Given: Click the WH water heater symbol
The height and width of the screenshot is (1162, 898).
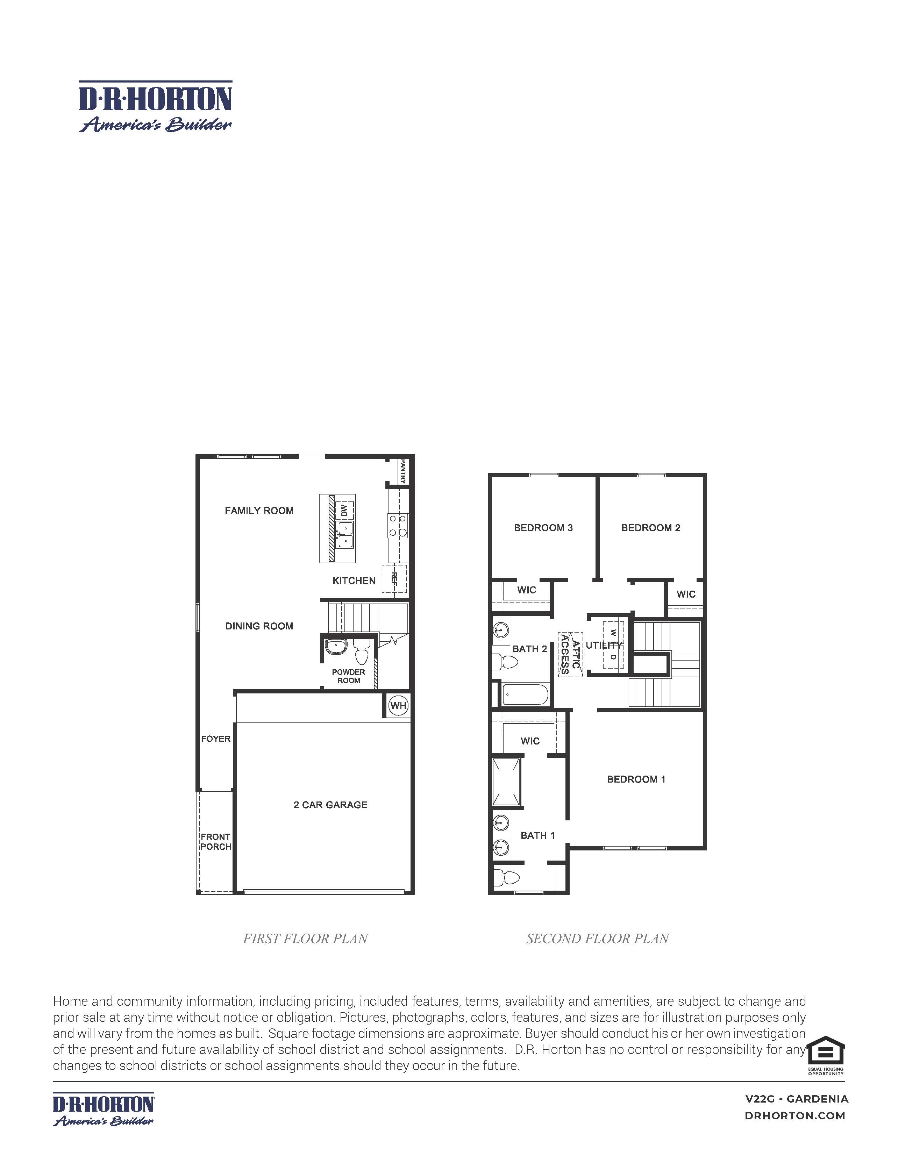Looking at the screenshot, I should tap(398, 706).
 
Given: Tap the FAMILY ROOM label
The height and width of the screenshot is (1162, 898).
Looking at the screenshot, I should tap(259, 511).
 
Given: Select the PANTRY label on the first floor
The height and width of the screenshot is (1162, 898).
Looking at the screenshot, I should tap(403, 471).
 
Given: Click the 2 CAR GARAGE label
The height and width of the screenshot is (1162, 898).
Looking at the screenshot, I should tap(330, 805).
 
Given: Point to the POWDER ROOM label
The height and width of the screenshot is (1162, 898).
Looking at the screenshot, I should tap(348, 676).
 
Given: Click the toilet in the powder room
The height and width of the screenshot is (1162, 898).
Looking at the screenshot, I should tap(362, 653).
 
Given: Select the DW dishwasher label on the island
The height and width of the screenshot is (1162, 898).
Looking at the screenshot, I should tap(344, 511).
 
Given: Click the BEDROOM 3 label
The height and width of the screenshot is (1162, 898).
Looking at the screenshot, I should tap(543, 528).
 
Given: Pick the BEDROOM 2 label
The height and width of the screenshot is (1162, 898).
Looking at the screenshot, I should tap(651, 528).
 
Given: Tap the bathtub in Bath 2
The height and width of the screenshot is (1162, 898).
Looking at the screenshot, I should tap(525, 694).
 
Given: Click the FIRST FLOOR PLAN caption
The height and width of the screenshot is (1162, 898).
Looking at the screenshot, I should tap(305, 939).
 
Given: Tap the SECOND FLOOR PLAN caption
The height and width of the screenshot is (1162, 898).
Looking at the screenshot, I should tap(597, 939).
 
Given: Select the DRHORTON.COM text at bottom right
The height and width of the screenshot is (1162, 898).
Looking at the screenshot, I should tap(795, 1116).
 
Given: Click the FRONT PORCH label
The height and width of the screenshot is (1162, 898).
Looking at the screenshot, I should tap(215, 842).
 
